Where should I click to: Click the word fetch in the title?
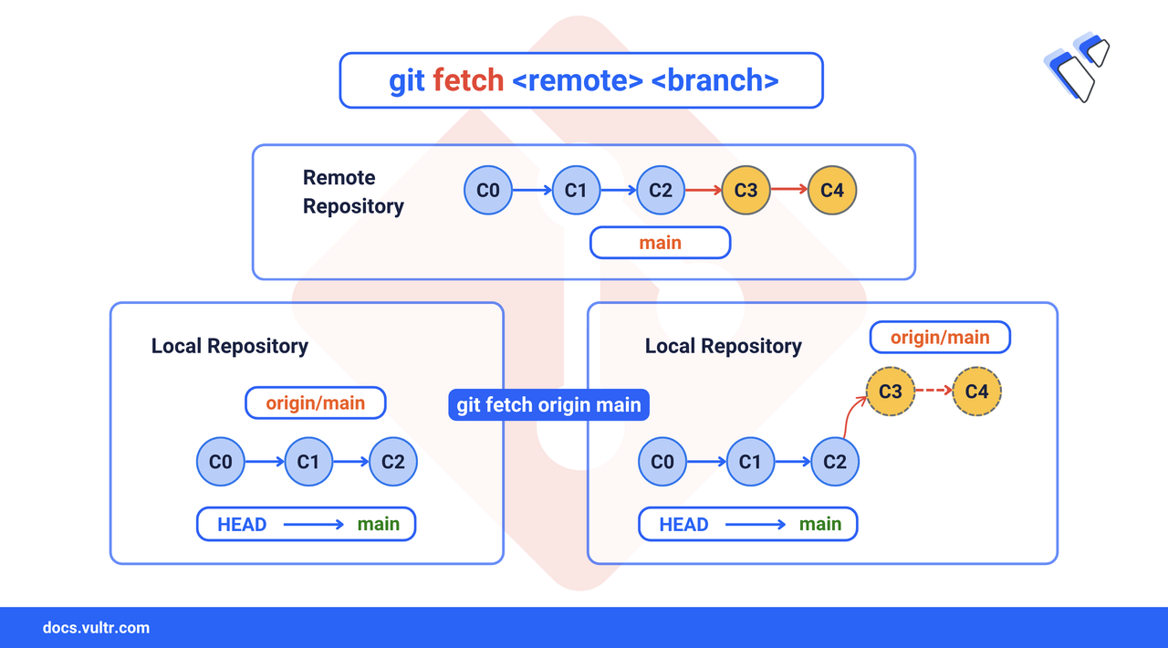point(468,80)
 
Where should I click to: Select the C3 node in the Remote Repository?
point(746,190)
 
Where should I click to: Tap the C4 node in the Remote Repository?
point(831,190)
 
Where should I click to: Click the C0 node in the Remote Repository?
point(488,190)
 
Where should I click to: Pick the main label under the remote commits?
point(660,243)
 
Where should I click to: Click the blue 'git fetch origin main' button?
point(548,404)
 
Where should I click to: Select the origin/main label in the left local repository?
point(316,402)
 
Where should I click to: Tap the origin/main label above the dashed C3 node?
point(940,338)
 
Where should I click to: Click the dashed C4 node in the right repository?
point(976,391)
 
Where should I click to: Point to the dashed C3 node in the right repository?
point(890,391)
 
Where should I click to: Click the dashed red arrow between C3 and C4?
point(933,391)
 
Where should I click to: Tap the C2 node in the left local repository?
point(393,461)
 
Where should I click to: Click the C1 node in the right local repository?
point(750,461)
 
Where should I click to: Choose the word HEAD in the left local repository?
point(242,525)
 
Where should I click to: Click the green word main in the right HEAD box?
point(820,525)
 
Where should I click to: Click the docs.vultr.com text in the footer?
point(96,628)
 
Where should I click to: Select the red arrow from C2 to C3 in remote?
point(703,190)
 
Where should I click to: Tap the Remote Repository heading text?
point(353,192)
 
